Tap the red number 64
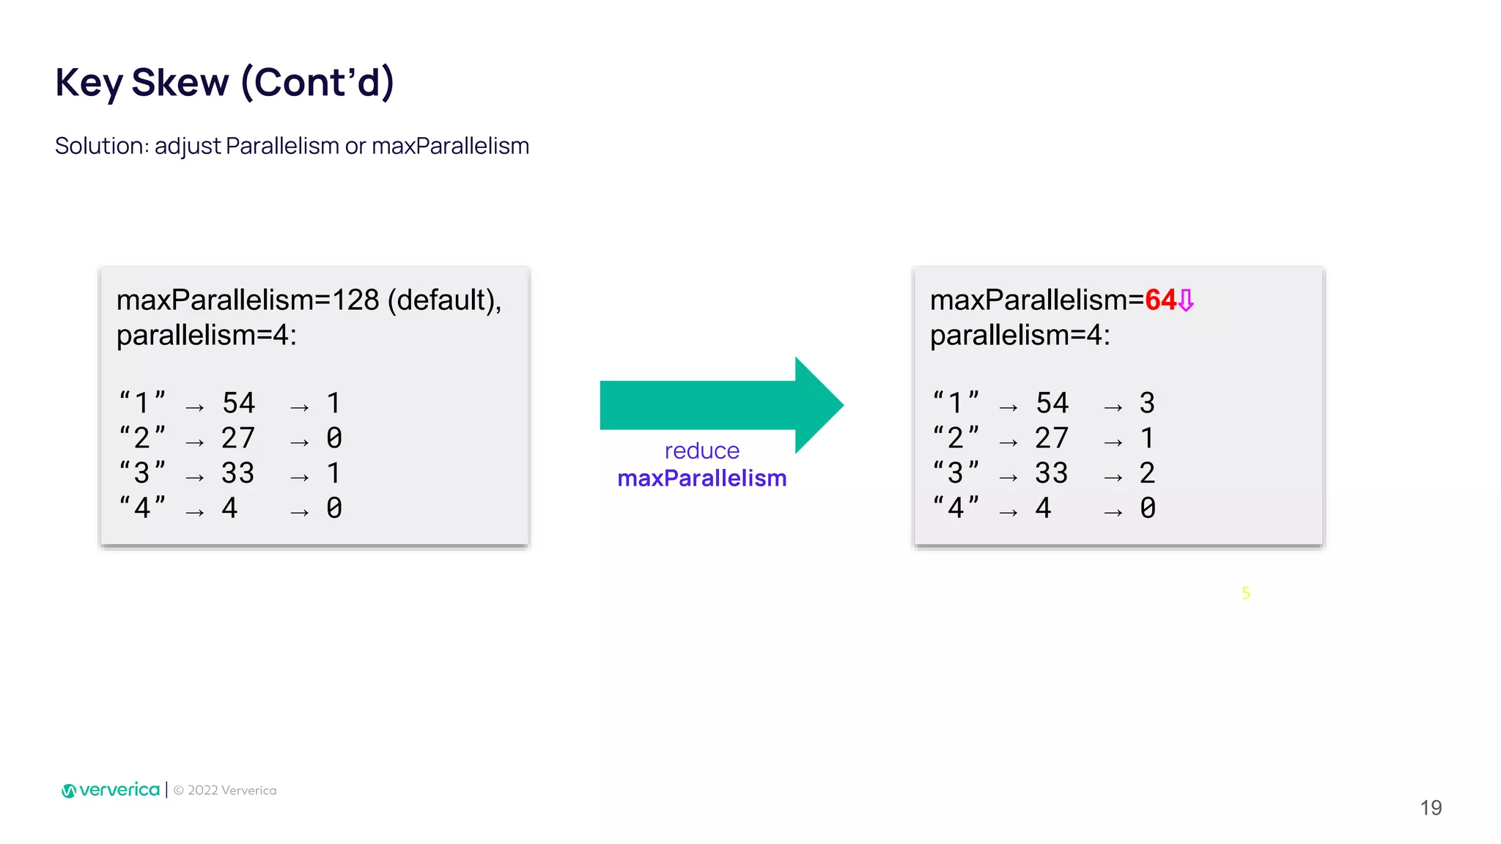pyautogui.click(x=1160, y=300)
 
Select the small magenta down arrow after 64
pyautogui.click(x=1186, y=300)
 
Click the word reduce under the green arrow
pyautogui.click(x=701, y=451)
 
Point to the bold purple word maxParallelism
pyautogui.click(x=701, y=478)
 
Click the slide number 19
pyautogui.click(x=1431, y=807)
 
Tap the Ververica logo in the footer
pyautogui.click(x=111, y=790)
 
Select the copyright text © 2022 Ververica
pyautogui.click(x=225, y=791)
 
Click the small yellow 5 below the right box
pyautogui.click(x=1246, y=593)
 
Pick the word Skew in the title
pyautogui.click(x=180, y=82)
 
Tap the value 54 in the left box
pyautogui.click(x=239, y=403)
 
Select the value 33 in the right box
pyautogui.click(x=1052, y=473)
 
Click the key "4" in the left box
pyautogui.click(x=142, y=508)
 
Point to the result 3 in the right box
pyautogui.click(x=1147, y=403)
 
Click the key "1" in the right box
pyautogui.click(x=956, y=403)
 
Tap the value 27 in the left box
pyautogui.click(x=238, y=438)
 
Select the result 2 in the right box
pyautogui.click(x=1147, y=473)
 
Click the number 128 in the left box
pyautogui.click(x=355, y=300)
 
